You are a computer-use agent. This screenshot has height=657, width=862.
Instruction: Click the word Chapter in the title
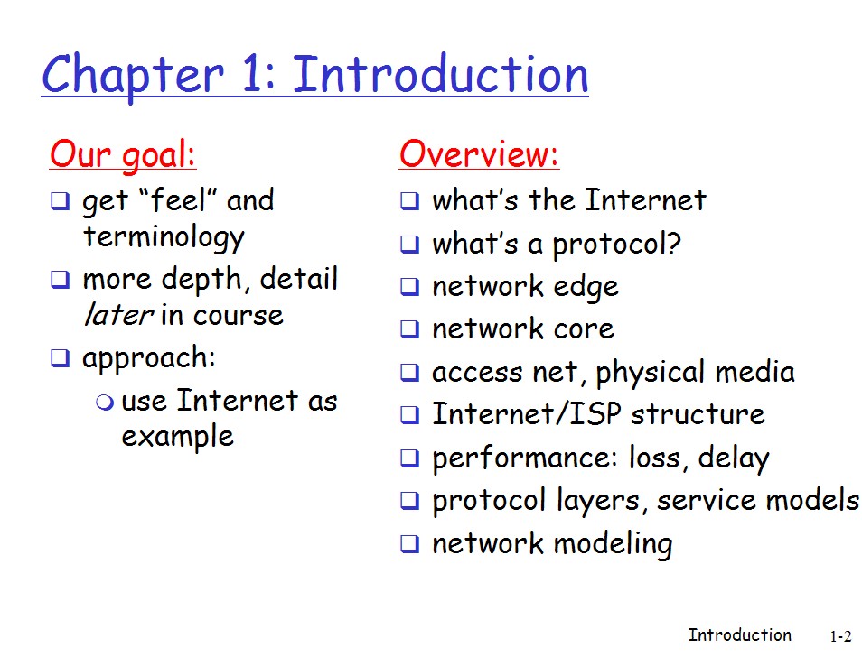(133, 76)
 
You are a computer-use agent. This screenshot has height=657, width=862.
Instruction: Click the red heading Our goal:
(123, 155)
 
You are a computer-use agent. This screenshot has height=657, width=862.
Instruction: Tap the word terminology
(164, 238)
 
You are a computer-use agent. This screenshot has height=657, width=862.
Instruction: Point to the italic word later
(118, 315)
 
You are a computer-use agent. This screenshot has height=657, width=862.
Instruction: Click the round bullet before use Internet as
(105, 403)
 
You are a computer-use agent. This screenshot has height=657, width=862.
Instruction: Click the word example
(178, 438)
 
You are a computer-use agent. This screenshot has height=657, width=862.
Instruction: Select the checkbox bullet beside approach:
(60, 358)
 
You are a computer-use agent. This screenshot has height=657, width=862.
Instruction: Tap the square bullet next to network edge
(409, 286)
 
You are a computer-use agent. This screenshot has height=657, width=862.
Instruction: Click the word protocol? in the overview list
(617, 245)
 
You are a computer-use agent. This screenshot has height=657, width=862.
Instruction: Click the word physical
(650, 372)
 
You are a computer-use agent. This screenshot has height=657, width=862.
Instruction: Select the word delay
(734, 458)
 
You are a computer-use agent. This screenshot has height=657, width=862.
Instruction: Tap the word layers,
(598, 501)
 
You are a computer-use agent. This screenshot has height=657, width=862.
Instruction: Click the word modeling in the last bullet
(613, 544)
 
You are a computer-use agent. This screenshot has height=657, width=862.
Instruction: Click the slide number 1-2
(840, 636)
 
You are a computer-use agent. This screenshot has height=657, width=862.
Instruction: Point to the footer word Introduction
(740, 635)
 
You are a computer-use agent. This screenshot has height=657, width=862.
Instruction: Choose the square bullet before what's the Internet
(409, 201)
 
